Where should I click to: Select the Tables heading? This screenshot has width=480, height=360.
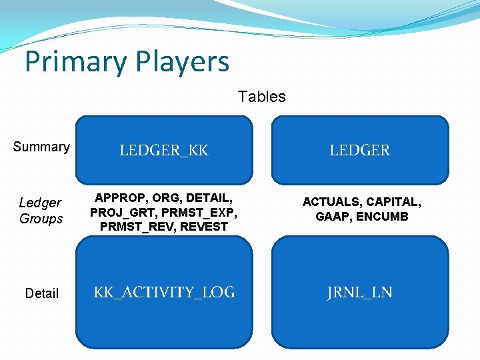pos(262,97)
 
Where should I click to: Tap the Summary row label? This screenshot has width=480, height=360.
pos(41,147)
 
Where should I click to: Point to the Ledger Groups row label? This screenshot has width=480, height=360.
pos(41,211)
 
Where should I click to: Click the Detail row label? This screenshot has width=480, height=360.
pos(41,293)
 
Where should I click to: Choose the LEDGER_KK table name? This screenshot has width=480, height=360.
pos(164,151)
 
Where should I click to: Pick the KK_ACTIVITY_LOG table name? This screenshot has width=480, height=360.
pos(164,292)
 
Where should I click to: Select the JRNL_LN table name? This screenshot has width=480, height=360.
pos(359,292)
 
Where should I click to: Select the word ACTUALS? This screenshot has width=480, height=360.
pos(331,202)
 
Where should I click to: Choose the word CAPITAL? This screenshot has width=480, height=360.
pos(392,202)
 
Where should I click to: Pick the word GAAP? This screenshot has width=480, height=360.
pos(331,217)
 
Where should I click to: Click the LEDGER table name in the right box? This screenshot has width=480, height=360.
pos(359,151)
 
